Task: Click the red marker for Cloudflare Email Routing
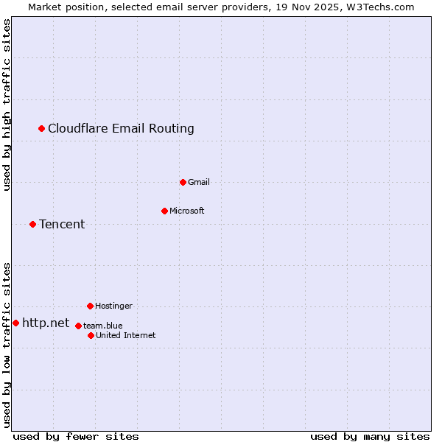[42, 129]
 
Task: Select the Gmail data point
[183, 182]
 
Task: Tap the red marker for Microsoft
[165, 211]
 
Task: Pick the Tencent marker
[33, 224]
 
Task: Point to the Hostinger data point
[91, 306]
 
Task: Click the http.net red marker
[16, 323]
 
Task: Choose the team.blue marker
[78, 326]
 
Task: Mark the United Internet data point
[91, 335]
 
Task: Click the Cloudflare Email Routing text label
[121, 129]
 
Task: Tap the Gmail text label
[200, 182]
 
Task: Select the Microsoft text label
[187, 211]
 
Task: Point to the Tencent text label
[62, 224]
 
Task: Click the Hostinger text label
[113, 306]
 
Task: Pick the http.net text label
[46, 323]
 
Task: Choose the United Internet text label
[125, 335]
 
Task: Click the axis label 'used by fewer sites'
[76, 436]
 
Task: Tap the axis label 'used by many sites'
[370, 436]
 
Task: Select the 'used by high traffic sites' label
[7, 105]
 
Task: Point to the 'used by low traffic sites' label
[7, 344]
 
